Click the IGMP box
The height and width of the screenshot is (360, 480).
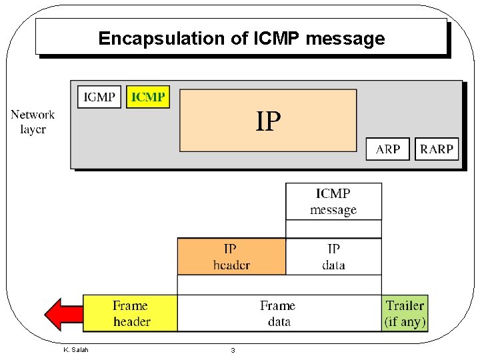99,97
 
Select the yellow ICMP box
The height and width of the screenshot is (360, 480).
148,97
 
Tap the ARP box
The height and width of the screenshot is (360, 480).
388,149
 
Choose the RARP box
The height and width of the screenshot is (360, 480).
437,149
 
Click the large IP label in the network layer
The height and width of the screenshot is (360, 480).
269,122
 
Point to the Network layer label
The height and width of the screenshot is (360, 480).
33,122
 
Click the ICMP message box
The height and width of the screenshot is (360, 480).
333,201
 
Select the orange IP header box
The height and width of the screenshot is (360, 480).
231,257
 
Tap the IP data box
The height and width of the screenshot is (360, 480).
333,257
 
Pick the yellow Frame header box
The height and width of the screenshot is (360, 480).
131,313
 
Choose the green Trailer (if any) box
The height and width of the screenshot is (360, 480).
405,313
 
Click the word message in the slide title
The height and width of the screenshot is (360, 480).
345,39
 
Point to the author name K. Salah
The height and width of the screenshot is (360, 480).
75,350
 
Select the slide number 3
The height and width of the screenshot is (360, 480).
233,351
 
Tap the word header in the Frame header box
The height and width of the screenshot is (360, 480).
131,321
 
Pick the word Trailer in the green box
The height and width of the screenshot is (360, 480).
405,305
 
